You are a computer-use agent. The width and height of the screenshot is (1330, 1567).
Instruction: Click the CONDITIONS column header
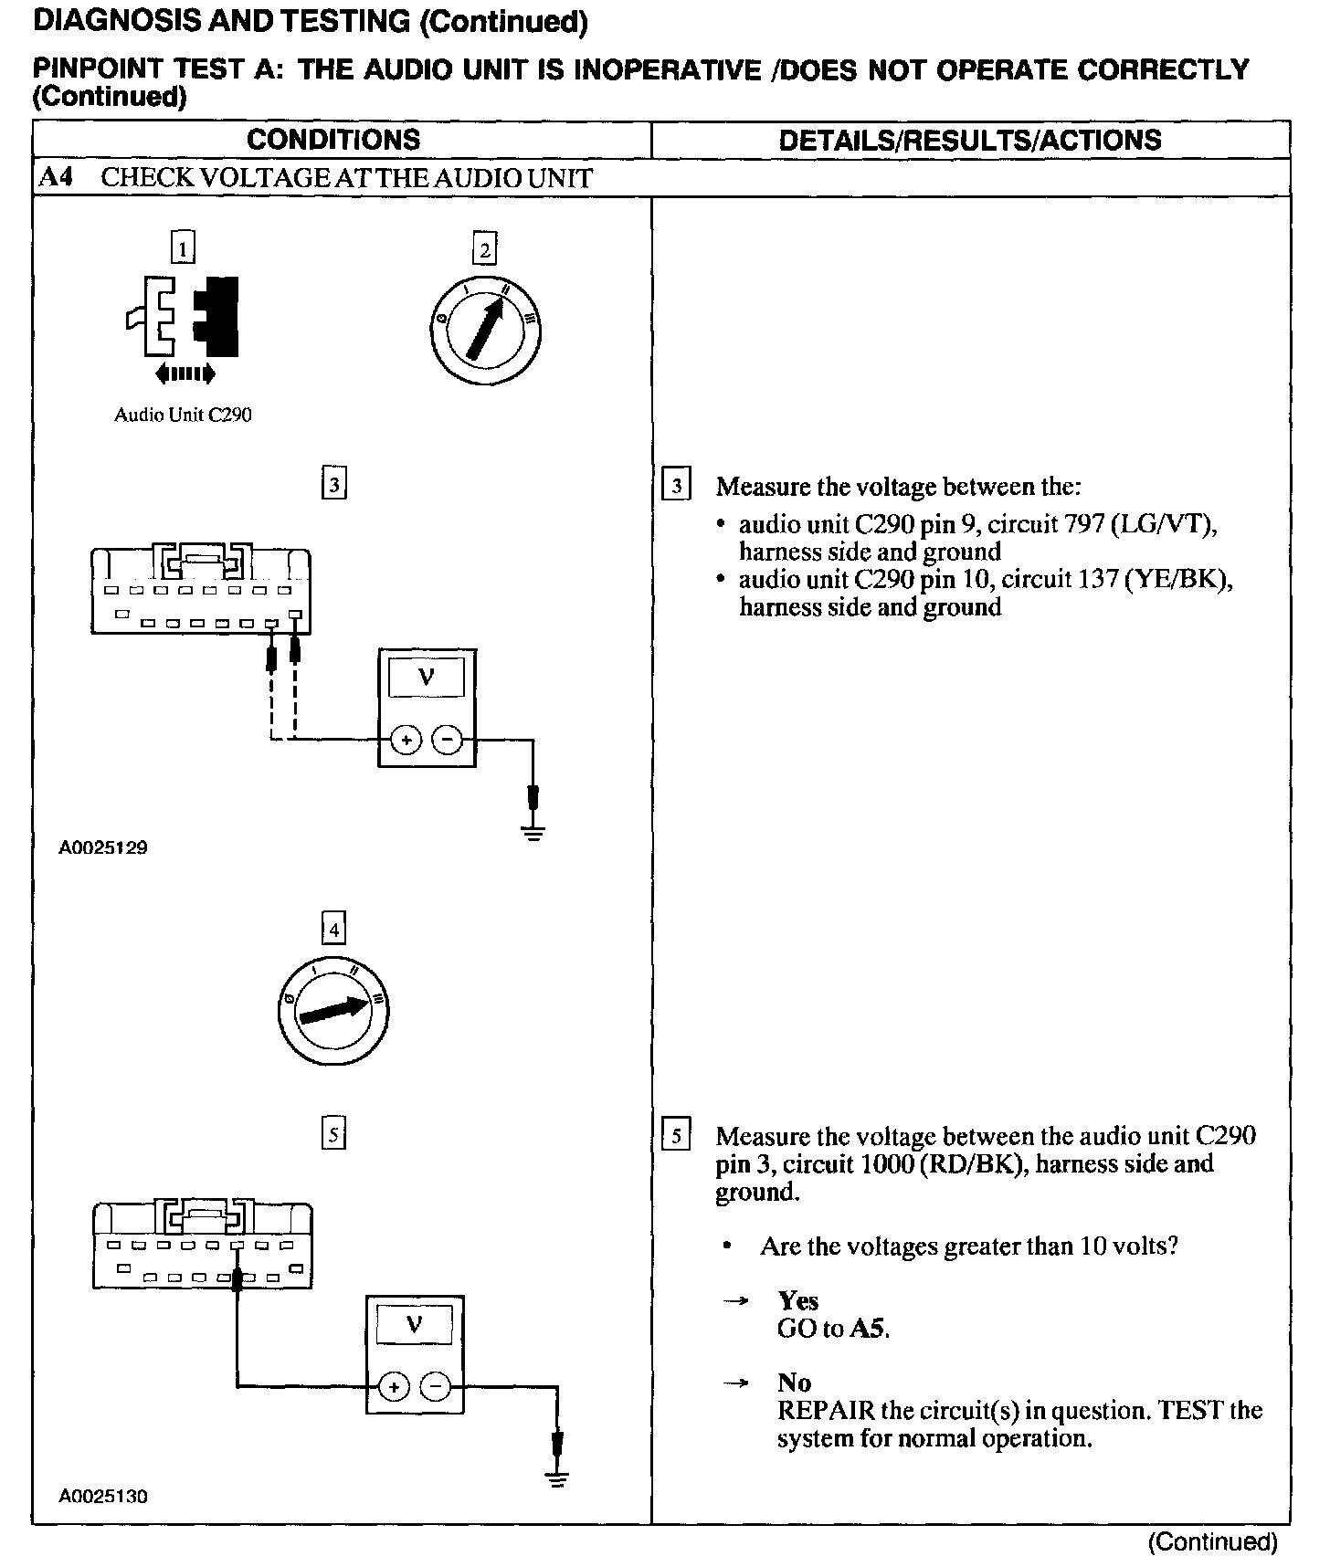tap(332, 140)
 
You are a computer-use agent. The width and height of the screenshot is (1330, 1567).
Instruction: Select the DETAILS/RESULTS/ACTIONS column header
tap(969, 140)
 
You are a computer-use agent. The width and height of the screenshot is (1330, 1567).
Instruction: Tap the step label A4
tap(56, 177)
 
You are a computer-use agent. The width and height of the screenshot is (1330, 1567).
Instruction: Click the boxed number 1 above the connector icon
tap(184, 247)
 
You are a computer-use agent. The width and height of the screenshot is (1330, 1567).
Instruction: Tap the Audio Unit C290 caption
tap(183, 415)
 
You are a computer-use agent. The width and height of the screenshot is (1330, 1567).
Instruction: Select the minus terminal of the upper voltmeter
tap(447, 740)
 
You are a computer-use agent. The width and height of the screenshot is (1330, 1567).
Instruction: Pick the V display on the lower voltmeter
tap(415, 1324)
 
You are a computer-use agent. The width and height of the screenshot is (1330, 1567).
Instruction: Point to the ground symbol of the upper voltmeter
tap(534, 831)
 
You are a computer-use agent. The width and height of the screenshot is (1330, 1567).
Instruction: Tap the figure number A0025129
tap(103, 847)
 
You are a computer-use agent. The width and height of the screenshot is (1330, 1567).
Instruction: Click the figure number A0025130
tap(103, 1496)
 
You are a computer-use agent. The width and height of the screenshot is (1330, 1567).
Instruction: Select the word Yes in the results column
tap(797, 1300)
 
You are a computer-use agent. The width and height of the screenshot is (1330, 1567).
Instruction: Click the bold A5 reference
tap(868, 1328)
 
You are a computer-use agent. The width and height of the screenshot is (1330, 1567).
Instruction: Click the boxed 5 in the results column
tap(675, 1136)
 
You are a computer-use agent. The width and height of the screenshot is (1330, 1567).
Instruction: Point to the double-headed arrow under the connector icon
tap(185, 373)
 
